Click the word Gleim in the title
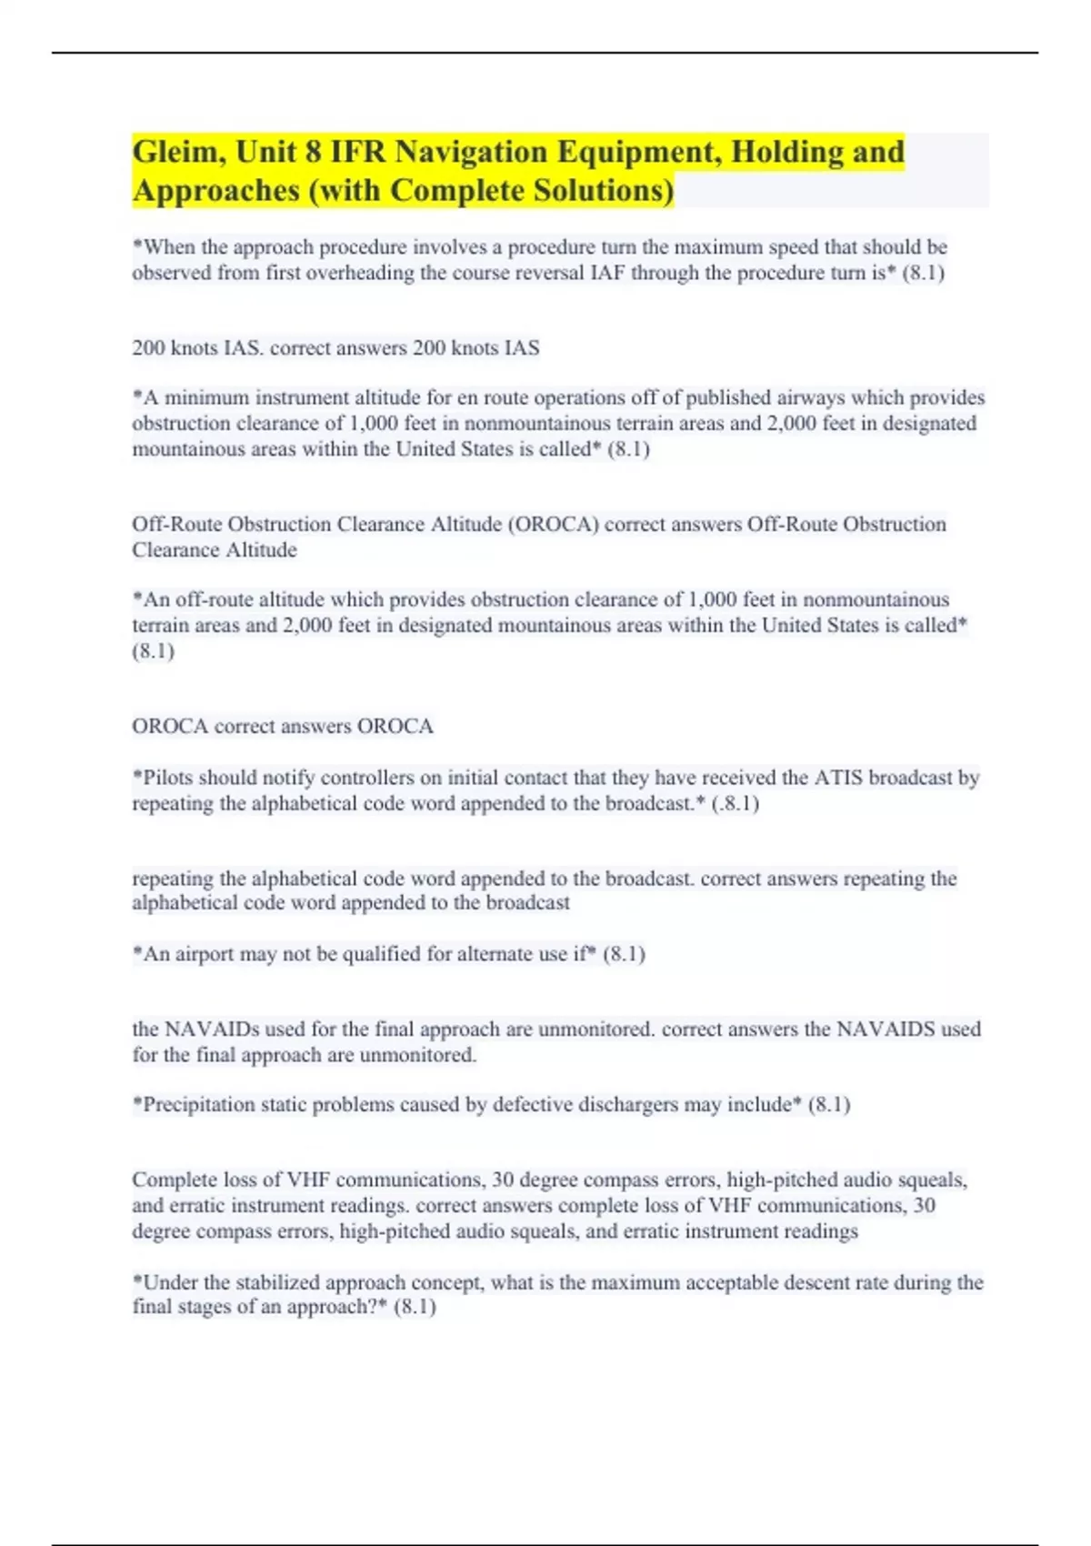click(x=178, y=152)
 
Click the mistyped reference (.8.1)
click(x=736, y=803)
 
